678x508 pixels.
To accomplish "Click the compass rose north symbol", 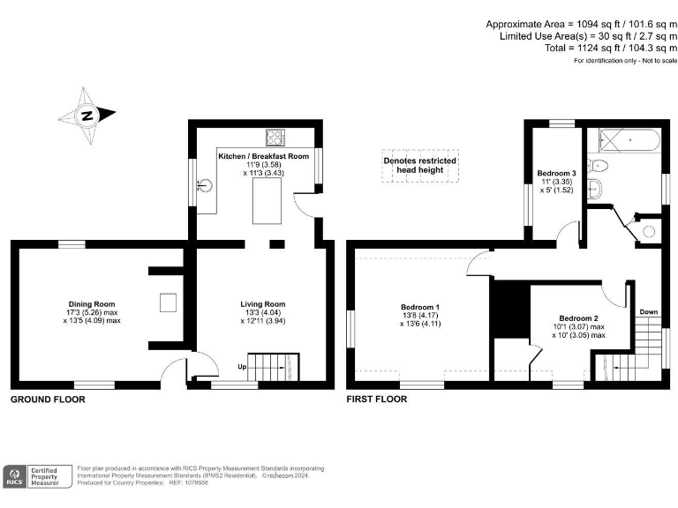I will (x=87, y=115).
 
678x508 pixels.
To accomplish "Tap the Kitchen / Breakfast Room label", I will (x=263, y=156).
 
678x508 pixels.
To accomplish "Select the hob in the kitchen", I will (x=274, y=137).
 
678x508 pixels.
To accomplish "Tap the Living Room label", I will (x=263, y=304).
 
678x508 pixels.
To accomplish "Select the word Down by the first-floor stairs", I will (x=648, y=311).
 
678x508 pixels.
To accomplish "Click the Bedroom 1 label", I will (x=419, y=307).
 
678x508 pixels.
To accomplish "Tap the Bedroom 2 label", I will (x=578, y=318).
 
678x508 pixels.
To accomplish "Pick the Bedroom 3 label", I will (x=556, y=173).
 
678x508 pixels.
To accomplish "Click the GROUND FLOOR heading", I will (x=48, y=400).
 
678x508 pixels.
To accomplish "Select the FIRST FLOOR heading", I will (x=377, y=400).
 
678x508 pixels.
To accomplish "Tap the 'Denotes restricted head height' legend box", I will (x=419, y=166).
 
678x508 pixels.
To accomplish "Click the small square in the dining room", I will (x=167, y=303).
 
